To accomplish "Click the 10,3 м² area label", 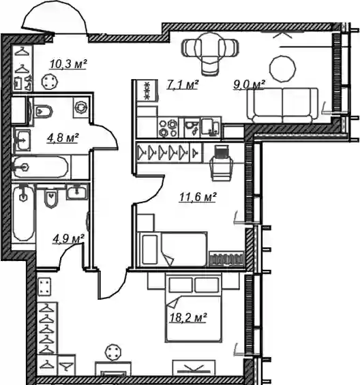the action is (68, 65).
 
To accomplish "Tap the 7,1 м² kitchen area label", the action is (182, 85).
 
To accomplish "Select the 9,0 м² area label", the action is (249, 85).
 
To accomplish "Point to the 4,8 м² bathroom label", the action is (63, 138).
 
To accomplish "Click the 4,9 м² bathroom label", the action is (68, 238).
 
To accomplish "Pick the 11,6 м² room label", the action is (198, 198).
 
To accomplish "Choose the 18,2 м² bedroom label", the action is (188, 318).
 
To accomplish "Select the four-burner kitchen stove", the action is (168, 128).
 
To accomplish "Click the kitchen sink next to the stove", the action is (209, 127).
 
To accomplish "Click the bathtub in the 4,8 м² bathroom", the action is (40, 168).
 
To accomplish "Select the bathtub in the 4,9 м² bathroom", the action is (23, 213).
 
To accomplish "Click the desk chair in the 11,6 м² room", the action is (221, 164).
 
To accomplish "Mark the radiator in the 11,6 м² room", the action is (226, 259).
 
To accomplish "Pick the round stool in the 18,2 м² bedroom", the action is (113, 352).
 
